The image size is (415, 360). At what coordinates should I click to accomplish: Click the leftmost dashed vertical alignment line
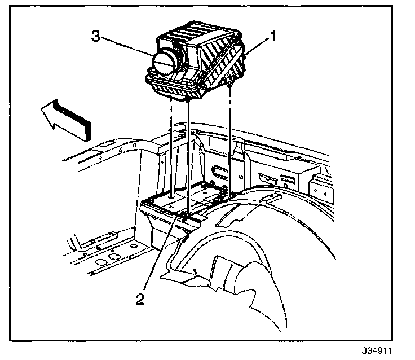coord(170,147)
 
